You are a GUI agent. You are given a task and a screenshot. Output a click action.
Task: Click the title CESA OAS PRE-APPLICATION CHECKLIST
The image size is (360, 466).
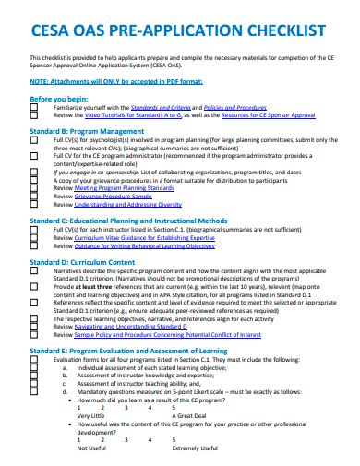pos(179,30)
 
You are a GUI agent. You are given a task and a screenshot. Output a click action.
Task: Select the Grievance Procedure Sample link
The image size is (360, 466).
pos(112,196)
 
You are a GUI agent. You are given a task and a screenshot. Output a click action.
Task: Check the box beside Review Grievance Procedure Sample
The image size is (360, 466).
pos(34,196)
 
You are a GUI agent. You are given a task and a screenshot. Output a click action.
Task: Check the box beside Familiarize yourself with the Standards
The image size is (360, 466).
pos(34,107)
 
